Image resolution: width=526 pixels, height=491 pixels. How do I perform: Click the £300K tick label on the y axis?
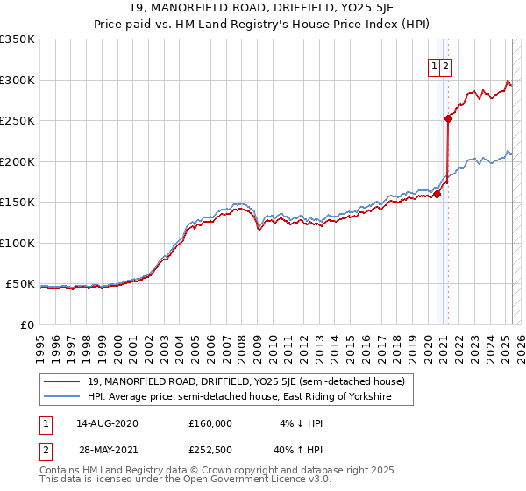tap(17, 80)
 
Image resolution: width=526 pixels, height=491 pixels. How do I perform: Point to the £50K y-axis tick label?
tap(20, 284)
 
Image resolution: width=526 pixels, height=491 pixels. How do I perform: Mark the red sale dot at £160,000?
tap(437, 195)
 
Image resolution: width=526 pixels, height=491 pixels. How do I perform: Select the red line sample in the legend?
tap(63, 381)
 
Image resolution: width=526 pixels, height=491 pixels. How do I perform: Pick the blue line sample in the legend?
tap(63, 397)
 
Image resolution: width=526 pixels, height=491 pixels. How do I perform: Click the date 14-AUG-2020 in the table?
tap(107, 423)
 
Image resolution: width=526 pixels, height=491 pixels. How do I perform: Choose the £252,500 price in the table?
tap(210, 450)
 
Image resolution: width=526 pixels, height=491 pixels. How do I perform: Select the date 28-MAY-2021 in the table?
tap(107, 450)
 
